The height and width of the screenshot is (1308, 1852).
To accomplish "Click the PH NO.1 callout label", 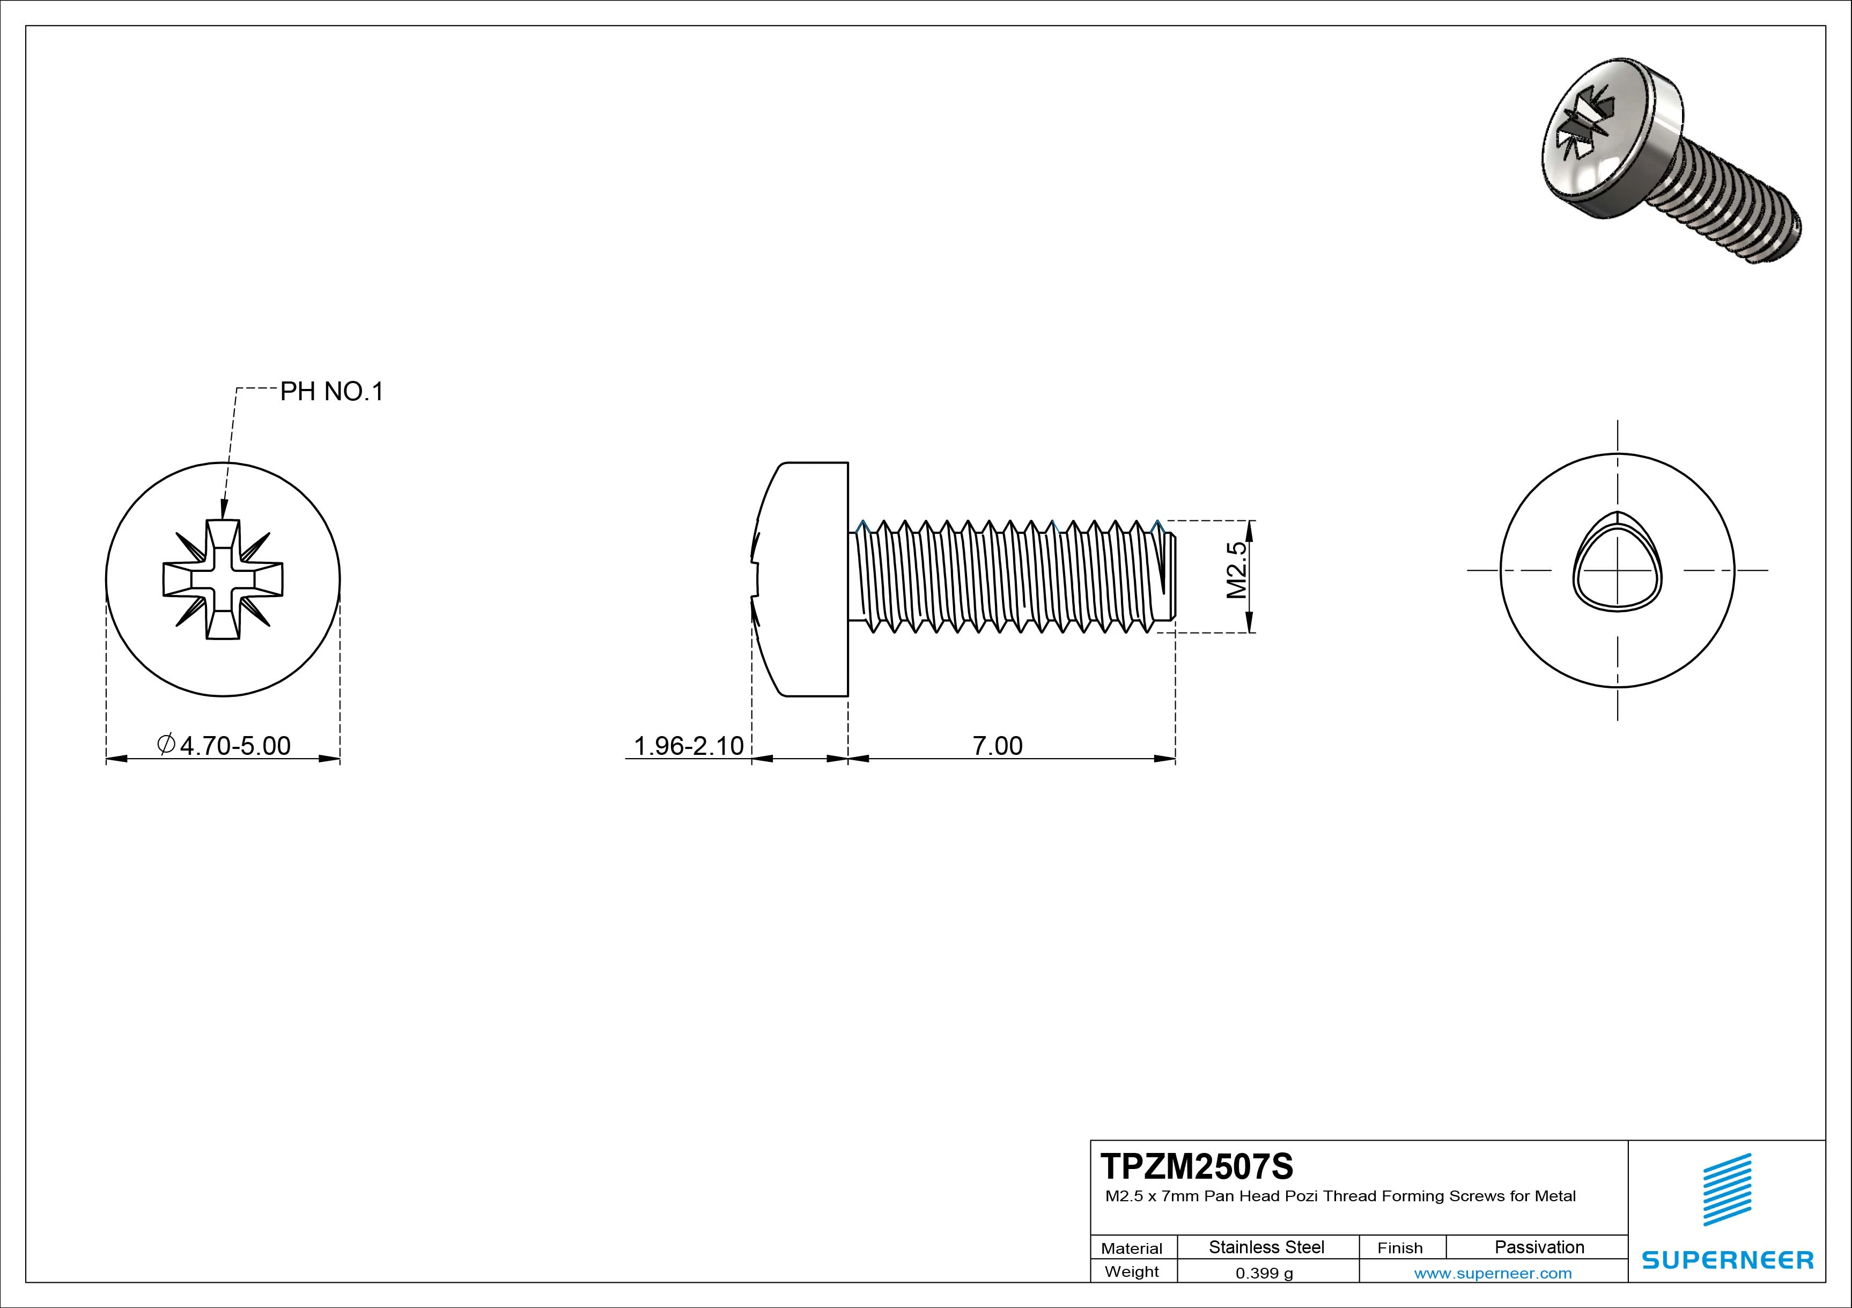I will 331,392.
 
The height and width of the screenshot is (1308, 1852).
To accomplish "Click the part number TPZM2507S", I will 1196,1166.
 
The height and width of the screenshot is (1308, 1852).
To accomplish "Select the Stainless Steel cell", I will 1266,1247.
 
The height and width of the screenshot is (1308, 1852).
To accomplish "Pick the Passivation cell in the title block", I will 1539,1247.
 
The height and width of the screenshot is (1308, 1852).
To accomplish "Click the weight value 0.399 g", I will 1264,1273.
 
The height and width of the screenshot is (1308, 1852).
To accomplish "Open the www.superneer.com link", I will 1492,1273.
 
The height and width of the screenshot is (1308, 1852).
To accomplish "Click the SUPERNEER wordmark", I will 1728,1260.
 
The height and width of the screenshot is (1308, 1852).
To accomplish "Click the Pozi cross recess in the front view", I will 223,579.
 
